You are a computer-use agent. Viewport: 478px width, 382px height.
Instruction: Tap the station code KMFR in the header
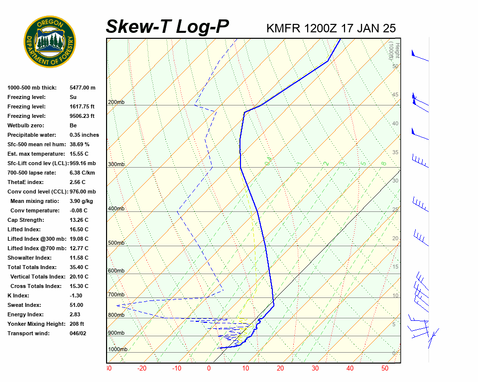(x=283, y=28)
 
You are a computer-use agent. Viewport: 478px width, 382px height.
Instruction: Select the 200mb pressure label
(x=116, y=102)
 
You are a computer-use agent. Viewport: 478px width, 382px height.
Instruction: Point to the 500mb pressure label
(x=116, y=243)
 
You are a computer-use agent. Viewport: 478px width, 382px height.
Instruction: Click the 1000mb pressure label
(x=118, y=350)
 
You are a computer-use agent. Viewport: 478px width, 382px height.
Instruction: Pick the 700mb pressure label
(x=116, y=295)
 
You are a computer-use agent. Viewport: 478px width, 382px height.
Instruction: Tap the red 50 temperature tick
(x=384, y=369)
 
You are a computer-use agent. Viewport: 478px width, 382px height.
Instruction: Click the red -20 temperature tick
(x=142, y=369)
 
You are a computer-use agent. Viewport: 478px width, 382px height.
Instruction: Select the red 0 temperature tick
(x=209, y=369)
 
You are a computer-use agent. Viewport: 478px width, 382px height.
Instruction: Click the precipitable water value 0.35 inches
(x=84, y=135)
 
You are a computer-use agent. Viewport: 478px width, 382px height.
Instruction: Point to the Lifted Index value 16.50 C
(x=79, y=229)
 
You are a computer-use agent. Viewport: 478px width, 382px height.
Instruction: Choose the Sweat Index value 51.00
(x=76, y=305)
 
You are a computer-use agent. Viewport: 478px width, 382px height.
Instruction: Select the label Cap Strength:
(x=25, y=220)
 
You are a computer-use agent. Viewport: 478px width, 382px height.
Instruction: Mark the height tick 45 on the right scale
(x=395, y=95)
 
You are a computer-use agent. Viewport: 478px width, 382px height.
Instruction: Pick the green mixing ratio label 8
(x=383, y=163)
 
